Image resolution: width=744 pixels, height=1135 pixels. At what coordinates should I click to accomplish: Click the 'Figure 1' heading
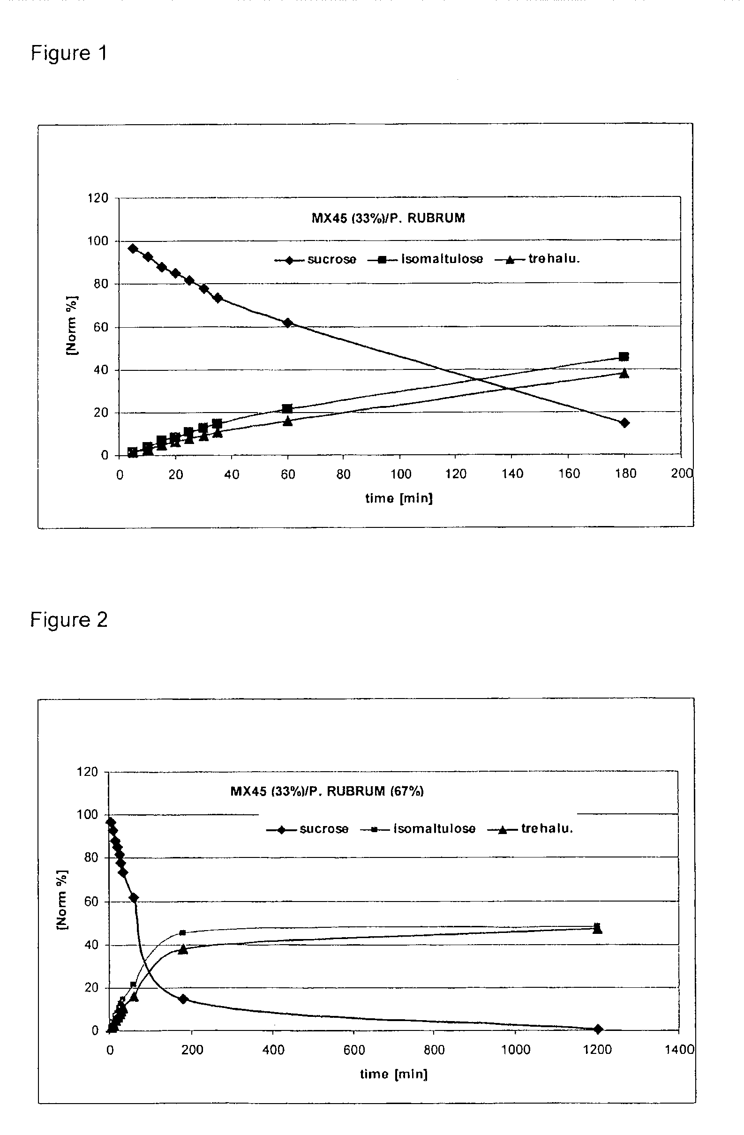pyautogui.click(x=69, y=53)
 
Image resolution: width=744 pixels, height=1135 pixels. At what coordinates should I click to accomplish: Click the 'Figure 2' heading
pyautogui.click(x=69, y=619)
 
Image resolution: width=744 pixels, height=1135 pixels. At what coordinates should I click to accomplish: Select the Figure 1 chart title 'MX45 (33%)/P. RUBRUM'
pyautogui.click(x=388, y=218)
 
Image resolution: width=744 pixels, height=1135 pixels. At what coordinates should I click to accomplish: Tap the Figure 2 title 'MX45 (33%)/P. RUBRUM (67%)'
pyautogui.click(x=327, y=792)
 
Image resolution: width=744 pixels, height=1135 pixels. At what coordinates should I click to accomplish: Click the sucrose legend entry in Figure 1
pyautogui.click(x=315, y=259)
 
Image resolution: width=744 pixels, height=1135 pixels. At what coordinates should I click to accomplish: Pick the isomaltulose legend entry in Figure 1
pyautogui.click(x=425, y=259)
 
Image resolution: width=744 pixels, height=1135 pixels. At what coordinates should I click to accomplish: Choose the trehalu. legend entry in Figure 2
pyautogui.click(x=530, y=829)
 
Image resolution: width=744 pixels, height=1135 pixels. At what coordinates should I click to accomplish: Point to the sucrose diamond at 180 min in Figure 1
pyautogui.click(x=624, y=422)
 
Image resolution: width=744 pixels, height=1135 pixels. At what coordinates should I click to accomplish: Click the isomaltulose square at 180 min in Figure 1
pyautogui.click(x=624, y=357)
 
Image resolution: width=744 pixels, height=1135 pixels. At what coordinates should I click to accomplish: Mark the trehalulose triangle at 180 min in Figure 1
pyautogui.click(x=624, y=373)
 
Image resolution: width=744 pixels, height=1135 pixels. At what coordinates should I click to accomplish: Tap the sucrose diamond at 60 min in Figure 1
pyautogui.click(x=287, y=323)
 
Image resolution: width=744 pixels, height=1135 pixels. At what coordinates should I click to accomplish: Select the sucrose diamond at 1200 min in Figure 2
pyautogui.click(x=598, y=1029)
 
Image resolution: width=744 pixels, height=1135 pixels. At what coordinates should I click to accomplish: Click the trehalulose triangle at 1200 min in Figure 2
pyautogui.click(x=597, y=929)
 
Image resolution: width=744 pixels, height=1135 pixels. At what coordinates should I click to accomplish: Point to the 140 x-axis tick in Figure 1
pyautogui.click(x=512, y=474)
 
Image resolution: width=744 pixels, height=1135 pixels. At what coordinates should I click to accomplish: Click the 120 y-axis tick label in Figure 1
pyautogui.click(x=98, y=198)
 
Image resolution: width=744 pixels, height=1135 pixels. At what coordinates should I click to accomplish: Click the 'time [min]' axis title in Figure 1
pyautogui.click(x=399, y=498)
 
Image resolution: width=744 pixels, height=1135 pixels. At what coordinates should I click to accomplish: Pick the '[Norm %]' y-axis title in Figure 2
pyautogui.click(x=62, y=900)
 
